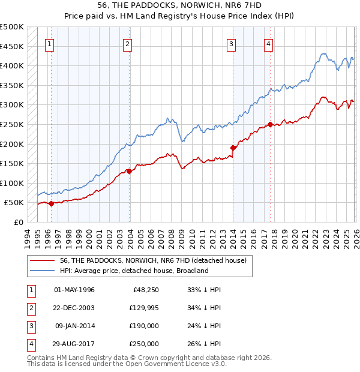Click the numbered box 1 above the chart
(x=50, y=43)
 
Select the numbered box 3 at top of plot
(x=232, y=43)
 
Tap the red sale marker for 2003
(x=129, y=171)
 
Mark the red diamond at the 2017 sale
(x=270, y=124)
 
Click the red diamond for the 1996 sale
(x=51, y=203)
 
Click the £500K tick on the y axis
(x=12, y=27)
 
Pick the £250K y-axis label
(x=12, y=125)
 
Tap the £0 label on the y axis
(x=18, y=223)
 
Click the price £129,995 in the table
(x=142, y=308)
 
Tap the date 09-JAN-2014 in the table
(x=74, y=326)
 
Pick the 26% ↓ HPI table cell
(x=204, y=344)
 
